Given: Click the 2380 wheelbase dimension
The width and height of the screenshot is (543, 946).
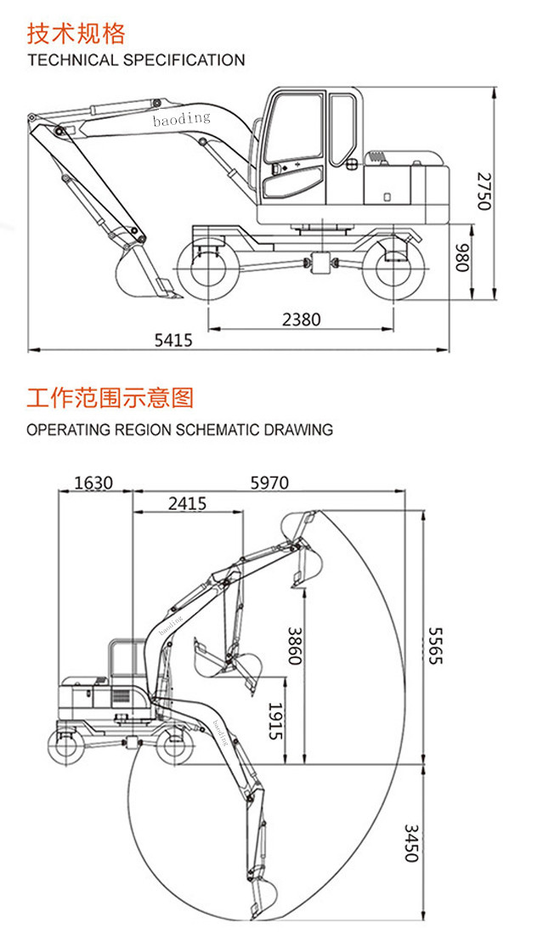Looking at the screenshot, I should point(302,320).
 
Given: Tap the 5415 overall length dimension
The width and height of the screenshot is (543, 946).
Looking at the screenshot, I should point(173,340).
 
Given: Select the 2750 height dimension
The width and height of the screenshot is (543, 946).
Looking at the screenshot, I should point(483,190).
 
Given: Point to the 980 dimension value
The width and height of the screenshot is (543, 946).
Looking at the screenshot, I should point(461,258).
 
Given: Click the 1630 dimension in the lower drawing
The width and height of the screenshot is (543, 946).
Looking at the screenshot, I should point(93,483).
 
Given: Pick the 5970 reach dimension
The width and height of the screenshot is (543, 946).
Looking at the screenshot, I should point(269,483).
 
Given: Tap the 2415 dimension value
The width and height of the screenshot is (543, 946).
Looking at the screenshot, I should point(187,503).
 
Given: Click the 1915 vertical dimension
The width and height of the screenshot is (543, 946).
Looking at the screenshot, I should point(274,721).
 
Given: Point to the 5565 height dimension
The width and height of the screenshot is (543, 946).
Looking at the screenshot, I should point(434,645).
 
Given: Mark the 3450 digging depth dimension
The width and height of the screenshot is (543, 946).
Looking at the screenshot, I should point(410,842).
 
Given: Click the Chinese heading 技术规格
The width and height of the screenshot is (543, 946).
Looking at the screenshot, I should point(76,33).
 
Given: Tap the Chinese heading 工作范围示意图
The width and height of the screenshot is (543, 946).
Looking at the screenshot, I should point(110,397).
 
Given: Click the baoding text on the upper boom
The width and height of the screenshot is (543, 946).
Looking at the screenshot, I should point(181,119).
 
